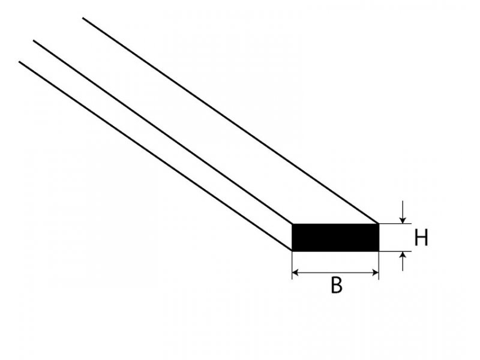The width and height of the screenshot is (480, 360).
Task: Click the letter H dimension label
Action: tap(421, 238)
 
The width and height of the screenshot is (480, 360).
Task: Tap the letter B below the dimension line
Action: tap(337, 285)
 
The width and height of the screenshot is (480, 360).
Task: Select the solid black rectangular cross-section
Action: tap(335, 238)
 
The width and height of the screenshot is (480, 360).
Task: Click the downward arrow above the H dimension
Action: tap(403, 212)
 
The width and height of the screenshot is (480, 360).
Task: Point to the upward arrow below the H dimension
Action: tap(403, 261)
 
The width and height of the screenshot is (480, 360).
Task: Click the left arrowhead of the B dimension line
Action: tap(295, 272)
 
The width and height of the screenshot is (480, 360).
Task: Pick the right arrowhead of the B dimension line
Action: tap(376, 272)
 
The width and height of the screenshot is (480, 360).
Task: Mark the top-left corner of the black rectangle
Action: tap(292, 224)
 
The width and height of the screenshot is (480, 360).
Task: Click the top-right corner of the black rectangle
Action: tap(379, 224)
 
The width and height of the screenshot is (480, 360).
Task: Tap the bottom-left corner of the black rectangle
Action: tap(292, 251)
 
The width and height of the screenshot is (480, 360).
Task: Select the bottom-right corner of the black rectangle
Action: tap(379, 251)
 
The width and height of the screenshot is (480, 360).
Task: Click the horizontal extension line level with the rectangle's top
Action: tap(395, 224)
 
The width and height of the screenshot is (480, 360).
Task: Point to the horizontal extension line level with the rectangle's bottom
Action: tap(395, 251)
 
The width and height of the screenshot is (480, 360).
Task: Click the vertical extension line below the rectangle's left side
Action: tap(292, 265)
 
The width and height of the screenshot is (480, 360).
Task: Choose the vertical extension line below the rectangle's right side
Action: tap(379, 265)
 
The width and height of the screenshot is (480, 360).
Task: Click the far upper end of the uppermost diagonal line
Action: tap(83, 18)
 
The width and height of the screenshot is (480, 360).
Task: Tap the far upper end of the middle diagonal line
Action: tap(34, 40)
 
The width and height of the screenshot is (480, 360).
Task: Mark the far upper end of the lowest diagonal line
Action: tap(19, 62)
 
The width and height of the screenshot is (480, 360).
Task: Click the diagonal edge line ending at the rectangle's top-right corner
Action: tap(231, 121)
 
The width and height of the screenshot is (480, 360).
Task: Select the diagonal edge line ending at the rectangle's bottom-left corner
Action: tap(155, 156)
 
